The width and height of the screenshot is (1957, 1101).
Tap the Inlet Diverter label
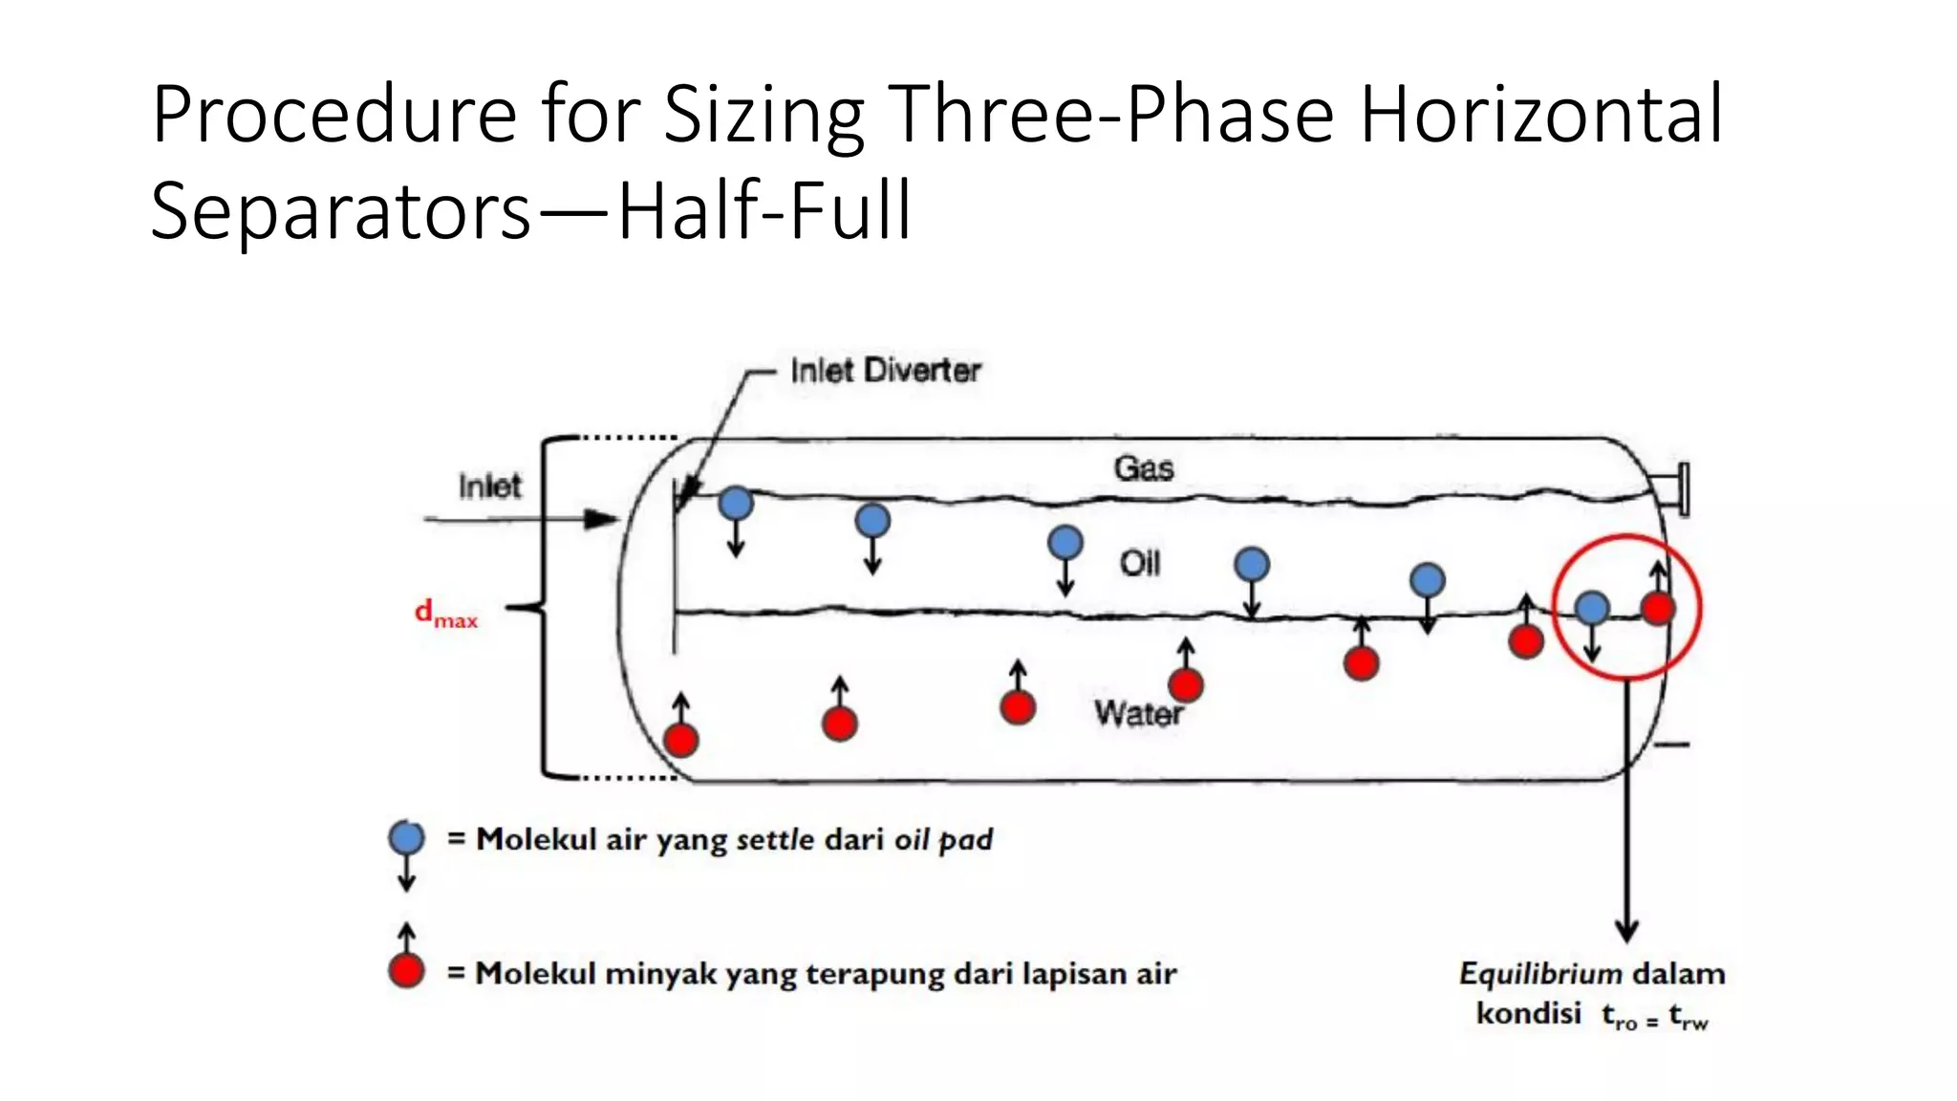click(x=885, y=371)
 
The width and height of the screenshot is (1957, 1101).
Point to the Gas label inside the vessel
click(x=1143, y=468)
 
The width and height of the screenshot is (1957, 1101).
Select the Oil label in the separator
click(x=1140, y=564)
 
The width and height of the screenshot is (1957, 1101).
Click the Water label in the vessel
click(x=1138, y=713)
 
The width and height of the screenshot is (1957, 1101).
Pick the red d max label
click(x=445, y=614)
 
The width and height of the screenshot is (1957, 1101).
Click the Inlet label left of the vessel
click(x=489, y=486)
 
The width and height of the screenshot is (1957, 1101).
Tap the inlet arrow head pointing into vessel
click(x=602, y=520)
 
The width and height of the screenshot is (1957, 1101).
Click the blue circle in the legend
click(x=406, y=838)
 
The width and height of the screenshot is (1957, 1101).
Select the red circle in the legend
click(x=406, y=971)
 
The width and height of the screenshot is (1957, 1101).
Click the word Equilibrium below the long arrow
click(x=1539, y=974)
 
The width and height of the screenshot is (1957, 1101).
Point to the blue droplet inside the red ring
click(x=1591, y=608)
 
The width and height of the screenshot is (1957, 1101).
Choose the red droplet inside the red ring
click(x=1658, y=608)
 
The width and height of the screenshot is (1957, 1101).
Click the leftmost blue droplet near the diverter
click(x=736, y=503)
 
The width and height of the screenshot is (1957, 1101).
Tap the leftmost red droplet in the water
click(x=680, y=740)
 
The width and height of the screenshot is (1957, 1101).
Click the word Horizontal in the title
click(x=1540, y=115)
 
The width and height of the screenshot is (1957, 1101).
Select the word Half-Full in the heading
click(x=764, y=210)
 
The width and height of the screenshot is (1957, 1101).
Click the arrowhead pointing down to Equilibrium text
click(x=1626, y=931)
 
